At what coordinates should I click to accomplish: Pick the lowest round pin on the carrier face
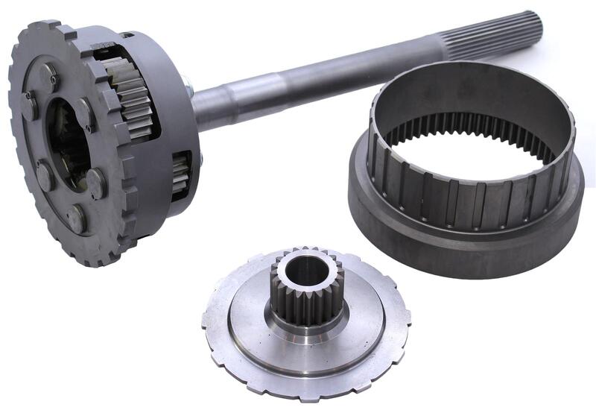click(x=76, y=218)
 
